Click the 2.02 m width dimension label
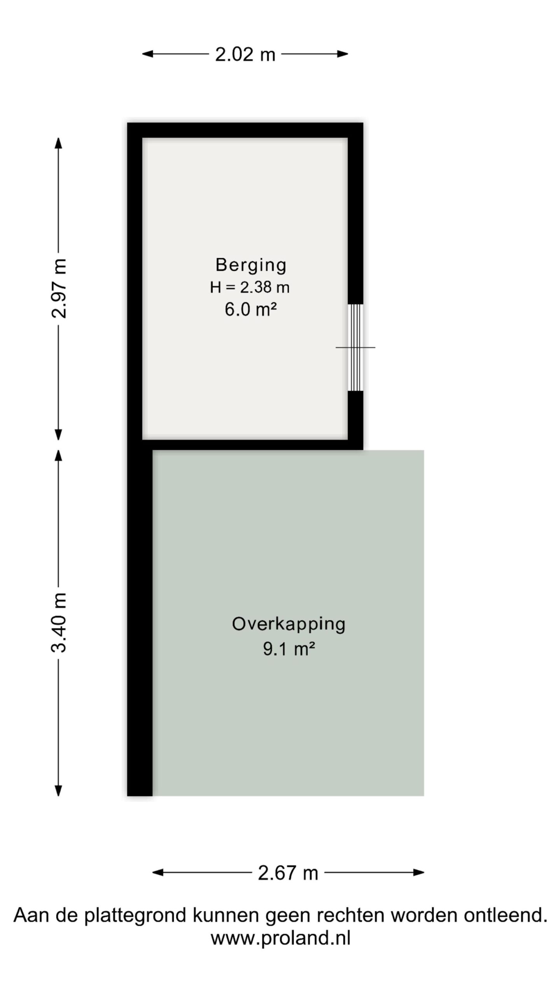pos(245,54)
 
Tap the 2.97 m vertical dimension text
pos(59,288)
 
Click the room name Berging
pos(251,265)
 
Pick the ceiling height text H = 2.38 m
pos(250,288)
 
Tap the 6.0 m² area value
pos(250,310)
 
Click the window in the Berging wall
pos(355,347)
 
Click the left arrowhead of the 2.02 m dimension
pos(147,54)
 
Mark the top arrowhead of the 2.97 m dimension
pos(58,143)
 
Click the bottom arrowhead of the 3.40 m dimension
pos(58,791)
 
